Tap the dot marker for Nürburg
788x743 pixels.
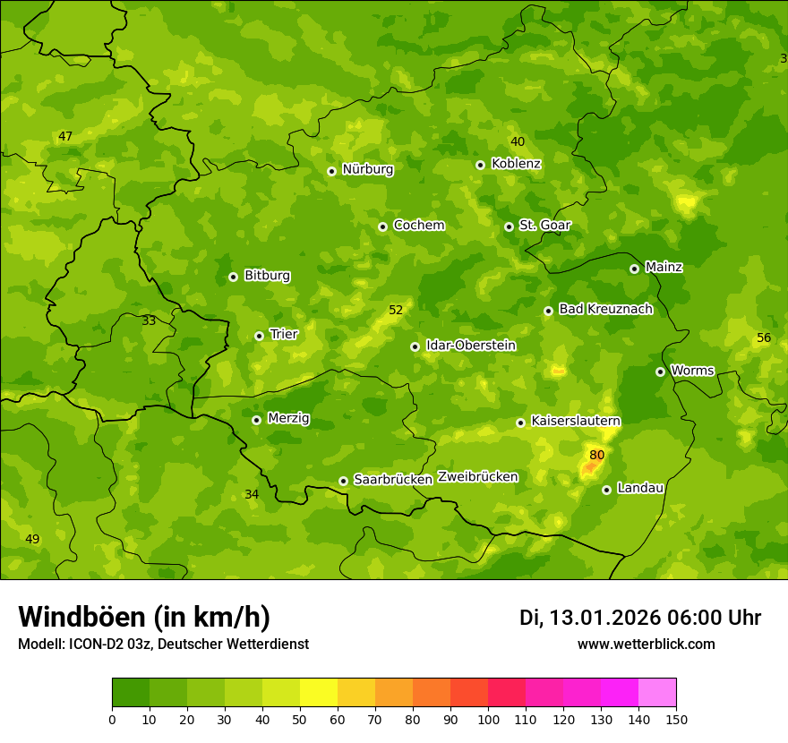click(x=331, y=171)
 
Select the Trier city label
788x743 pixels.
click(x=283, y=334)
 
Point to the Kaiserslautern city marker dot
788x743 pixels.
click(x=520, y=423)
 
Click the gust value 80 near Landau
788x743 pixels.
click(x=597, y=455)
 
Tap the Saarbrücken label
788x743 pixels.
click(x=392, y=480)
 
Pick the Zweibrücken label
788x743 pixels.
click(x=477, y=477)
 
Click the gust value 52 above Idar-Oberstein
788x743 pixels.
click(x=396, y=311)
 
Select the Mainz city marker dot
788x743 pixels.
click(x=634, y=269)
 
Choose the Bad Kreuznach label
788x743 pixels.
click(x=605, y=309)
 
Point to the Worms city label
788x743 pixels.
click(x=691, y=371)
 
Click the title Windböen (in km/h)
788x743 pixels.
click(x=144, y=617)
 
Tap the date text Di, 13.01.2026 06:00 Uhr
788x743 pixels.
click(x=639, y=618)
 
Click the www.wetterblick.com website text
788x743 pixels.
click(x=646, y=644)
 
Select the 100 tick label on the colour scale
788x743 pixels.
click(x=488, y=719)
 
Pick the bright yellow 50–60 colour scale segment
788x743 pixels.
click(x=319, y=693)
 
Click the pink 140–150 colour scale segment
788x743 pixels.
click(x=657, y=693)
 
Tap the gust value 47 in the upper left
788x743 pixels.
click(x=65, y=137)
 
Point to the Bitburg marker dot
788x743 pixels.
click(x=233, y=277)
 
